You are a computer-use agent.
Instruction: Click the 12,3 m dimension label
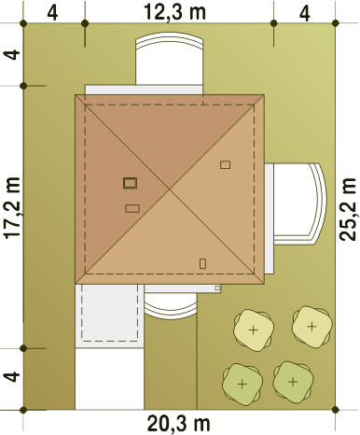coord(174,12)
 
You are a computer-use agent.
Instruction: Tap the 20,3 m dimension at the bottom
coord(178,423)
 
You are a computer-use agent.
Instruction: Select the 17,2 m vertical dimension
coord(12,208)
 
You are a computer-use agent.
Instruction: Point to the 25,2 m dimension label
coord(347,209)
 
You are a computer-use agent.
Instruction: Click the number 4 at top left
coord(52,13)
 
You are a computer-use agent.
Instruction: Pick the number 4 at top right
coord(305,14)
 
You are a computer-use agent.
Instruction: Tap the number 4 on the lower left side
coord(12,376)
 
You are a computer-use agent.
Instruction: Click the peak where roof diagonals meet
coord(170,189)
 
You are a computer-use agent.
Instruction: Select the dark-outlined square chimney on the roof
coord(130,183)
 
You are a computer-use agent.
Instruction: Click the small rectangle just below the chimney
coord(132,208)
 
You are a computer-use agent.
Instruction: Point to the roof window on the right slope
coord(225,164)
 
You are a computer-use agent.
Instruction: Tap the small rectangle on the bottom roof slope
coord(202,263)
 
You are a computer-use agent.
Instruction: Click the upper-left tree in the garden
coord(254,330)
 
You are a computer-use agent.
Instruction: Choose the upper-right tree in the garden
coord(312,327)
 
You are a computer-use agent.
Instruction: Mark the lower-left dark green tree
coord(242,385)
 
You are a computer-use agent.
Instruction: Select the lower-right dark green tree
coord(293,382)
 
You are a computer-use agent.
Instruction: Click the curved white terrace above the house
coord(170,61)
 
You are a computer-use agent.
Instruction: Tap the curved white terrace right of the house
coord(298,203)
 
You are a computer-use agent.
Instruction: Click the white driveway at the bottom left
coord(109,379)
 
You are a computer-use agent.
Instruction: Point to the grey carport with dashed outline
coord(109,315)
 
